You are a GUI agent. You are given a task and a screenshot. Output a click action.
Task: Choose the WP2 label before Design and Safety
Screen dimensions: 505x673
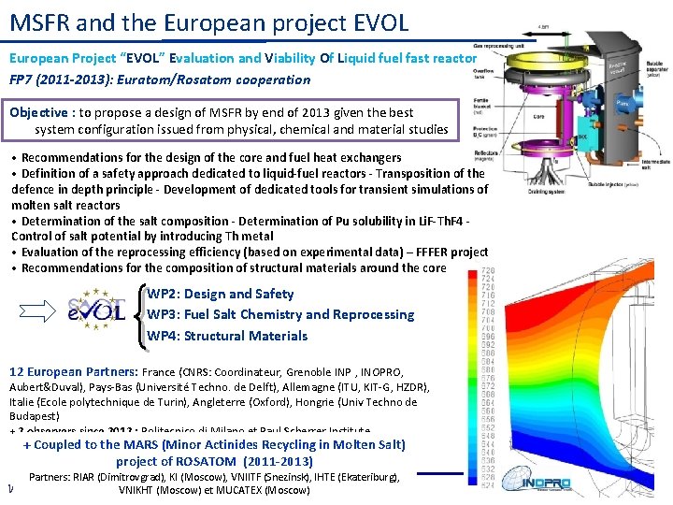click(x=164, y=294)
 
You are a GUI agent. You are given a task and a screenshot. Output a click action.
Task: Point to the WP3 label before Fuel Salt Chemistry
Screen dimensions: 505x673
click(x=164, y=314)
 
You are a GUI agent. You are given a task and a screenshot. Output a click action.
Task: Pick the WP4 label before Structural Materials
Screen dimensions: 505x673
click(x=164, y=336)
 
